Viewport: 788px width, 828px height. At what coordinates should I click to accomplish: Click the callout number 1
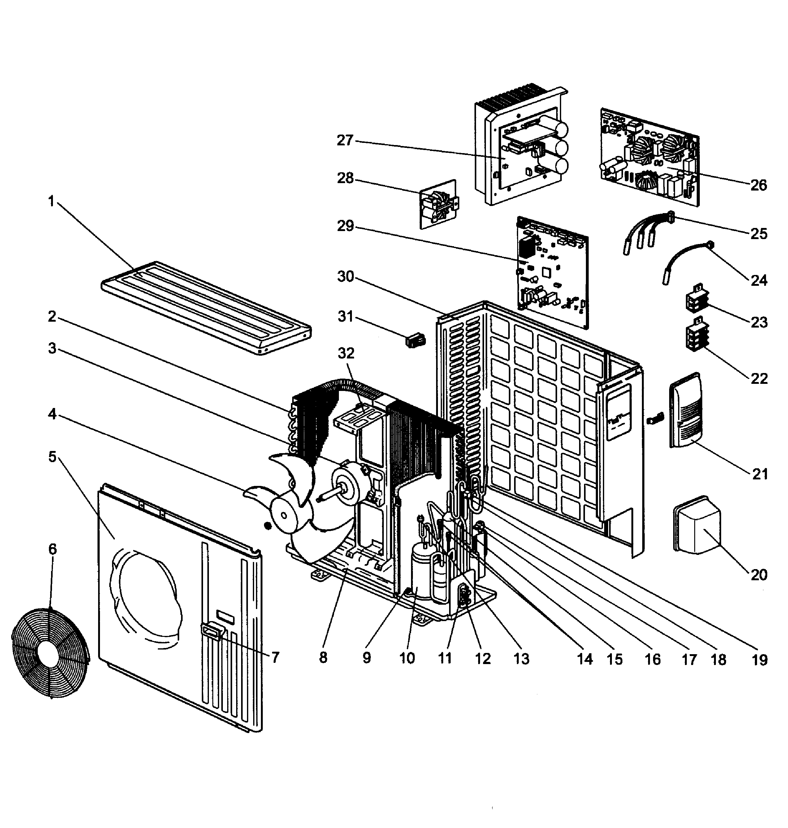[51, 202]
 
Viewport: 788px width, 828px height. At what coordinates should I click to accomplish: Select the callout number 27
[345, 140]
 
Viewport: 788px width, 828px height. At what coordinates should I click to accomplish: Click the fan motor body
[349, 487]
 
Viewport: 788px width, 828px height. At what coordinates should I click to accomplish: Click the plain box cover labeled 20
[697, 524]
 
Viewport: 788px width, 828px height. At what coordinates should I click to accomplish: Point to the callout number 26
[759, 185]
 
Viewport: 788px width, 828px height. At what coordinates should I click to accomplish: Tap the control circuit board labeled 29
[552, 273]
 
